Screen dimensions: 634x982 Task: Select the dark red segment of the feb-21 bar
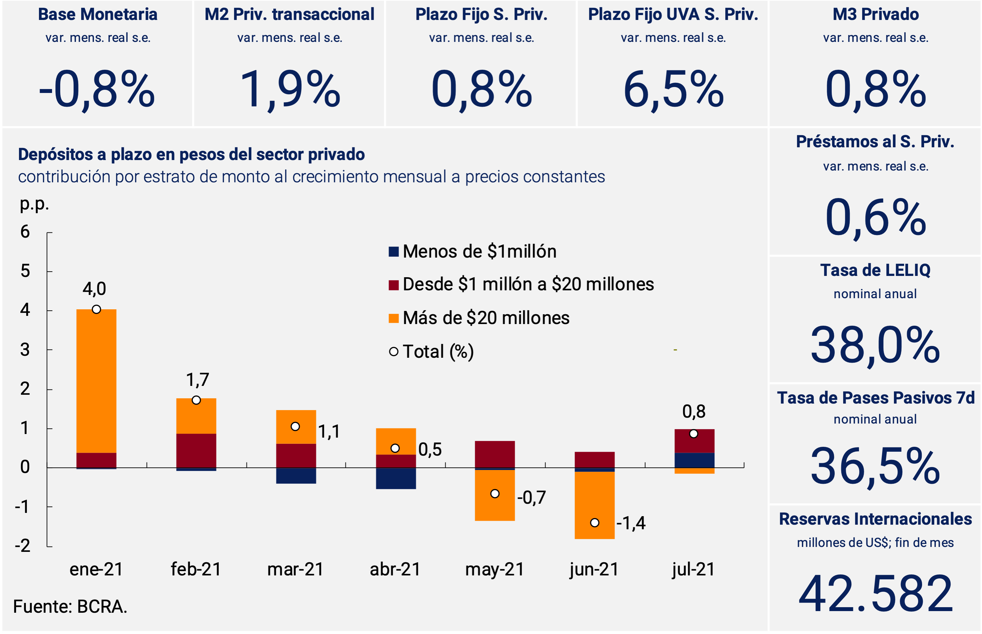(196, 450)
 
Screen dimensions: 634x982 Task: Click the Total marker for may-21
(495, 494)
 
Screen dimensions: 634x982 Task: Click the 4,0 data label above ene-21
(94, 289)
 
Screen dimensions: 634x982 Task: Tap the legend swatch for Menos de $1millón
(394, 252)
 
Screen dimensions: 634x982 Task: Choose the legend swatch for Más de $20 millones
(394, 318)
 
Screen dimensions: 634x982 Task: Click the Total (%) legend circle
(394, 352)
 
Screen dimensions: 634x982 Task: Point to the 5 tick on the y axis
(25, 271)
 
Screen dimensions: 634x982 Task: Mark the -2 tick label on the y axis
(23, 546)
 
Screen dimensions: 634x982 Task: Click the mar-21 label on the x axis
(295, 570)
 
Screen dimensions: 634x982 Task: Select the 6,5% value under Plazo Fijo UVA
(673, 90)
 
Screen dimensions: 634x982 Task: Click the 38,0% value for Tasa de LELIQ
(875, 345)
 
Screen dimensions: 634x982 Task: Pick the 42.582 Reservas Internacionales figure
(875, 594)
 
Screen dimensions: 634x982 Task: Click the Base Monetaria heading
(98, 14)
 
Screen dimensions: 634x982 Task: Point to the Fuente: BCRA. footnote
(70, 607)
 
